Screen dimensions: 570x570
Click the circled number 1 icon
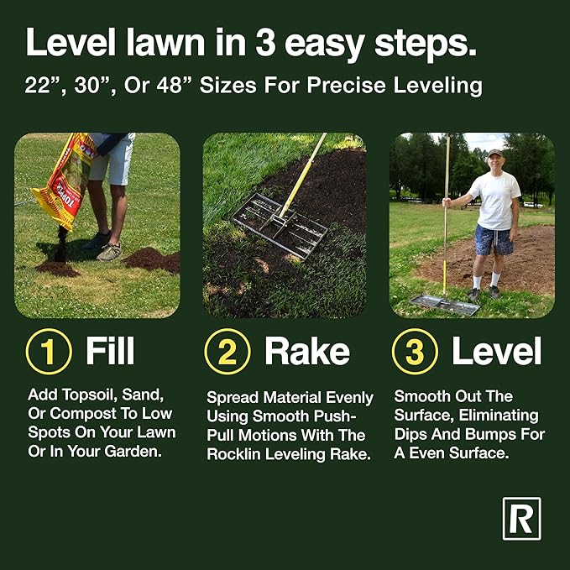pos(49,352)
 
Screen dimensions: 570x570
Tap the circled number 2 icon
pos(227,352)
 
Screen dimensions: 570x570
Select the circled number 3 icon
pos(416,352)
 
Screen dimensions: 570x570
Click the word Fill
pos(110,352)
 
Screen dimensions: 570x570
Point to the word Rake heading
pos(307,352)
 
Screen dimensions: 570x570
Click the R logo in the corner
pos(521,518)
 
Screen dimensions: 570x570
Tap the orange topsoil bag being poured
pos(63,180)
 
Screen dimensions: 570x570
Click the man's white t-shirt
pos(495,200)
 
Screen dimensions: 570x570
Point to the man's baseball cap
pos(495,154)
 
